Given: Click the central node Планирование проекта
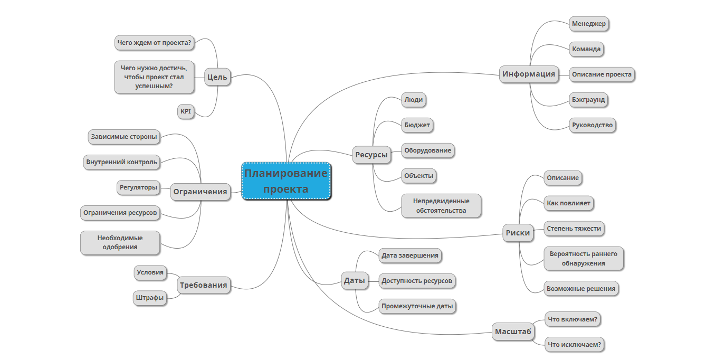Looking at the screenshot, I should pos(286,181).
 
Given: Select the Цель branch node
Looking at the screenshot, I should pos(217,77).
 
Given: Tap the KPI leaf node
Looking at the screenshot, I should pos(186,111).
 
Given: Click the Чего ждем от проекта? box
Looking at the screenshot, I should pos(154,43).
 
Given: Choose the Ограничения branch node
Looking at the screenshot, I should pos(201,192).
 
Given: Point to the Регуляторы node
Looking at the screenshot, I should pos(138,187).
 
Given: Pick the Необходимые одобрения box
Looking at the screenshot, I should pos(120,242).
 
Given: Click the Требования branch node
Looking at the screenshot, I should pos(203,285).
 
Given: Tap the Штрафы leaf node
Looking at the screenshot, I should pos(150,298).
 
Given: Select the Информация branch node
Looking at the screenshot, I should pos(529,74).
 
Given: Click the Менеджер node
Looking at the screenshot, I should pos(589,24).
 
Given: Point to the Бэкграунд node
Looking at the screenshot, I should pos(588,99).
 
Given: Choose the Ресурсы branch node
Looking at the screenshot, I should pos(371,155).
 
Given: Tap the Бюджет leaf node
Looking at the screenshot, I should pos(417,125).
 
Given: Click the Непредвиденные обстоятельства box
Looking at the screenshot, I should pos(441,205).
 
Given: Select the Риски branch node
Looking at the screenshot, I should pos(518,233).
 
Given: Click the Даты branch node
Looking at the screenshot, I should pos(355,280).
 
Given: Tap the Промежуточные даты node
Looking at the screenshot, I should pos(417,306).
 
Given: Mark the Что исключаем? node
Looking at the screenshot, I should pos(574,345).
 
